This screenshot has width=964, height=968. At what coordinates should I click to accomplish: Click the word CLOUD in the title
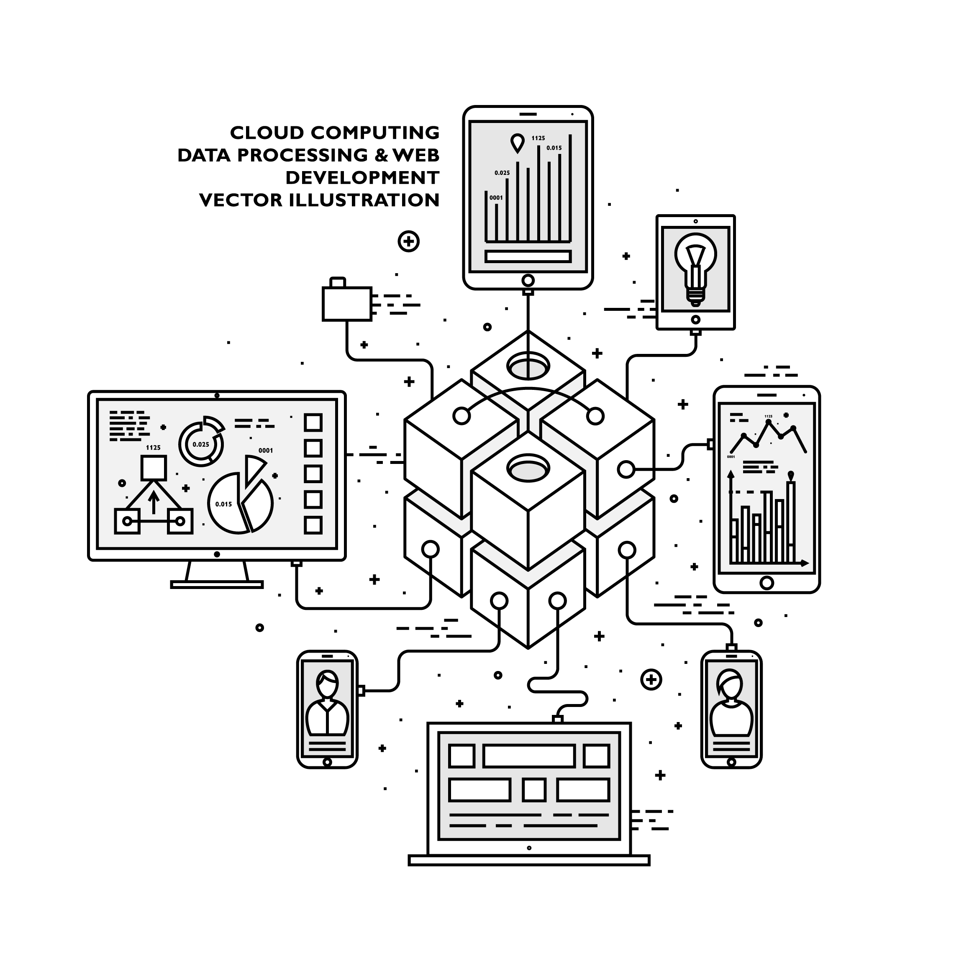(x=267, y=133)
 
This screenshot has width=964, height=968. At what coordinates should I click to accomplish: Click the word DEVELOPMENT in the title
(x=362, y=177)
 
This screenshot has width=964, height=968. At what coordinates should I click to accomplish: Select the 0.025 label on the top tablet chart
(x=502, y=173)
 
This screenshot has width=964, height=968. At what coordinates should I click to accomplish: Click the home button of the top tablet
(x=528, y=280)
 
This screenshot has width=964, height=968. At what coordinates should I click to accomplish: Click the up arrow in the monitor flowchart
(x=154, y=502)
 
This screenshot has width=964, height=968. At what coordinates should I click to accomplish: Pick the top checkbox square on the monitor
(x=313, y=423)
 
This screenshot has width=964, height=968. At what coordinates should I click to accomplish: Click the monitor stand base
(x=217, y=584)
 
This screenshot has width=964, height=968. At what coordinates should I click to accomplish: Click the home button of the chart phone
(x=767, y=582)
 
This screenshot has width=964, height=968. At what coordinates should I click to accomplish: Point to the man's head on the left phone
(x=328, y=684)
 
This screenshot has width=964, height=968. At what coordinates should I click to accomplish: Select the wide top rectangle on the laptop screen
(x=528, y=756)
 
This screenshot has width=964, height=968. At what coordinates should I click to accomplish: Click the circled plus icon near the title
(x=408, y=241)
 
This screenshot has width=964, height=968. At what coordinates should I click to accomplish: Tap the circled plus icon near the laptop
(x=651, y=679)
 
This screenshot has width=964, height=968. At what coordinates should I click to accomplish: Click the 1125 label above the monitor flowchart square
(x=153, y=448)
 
